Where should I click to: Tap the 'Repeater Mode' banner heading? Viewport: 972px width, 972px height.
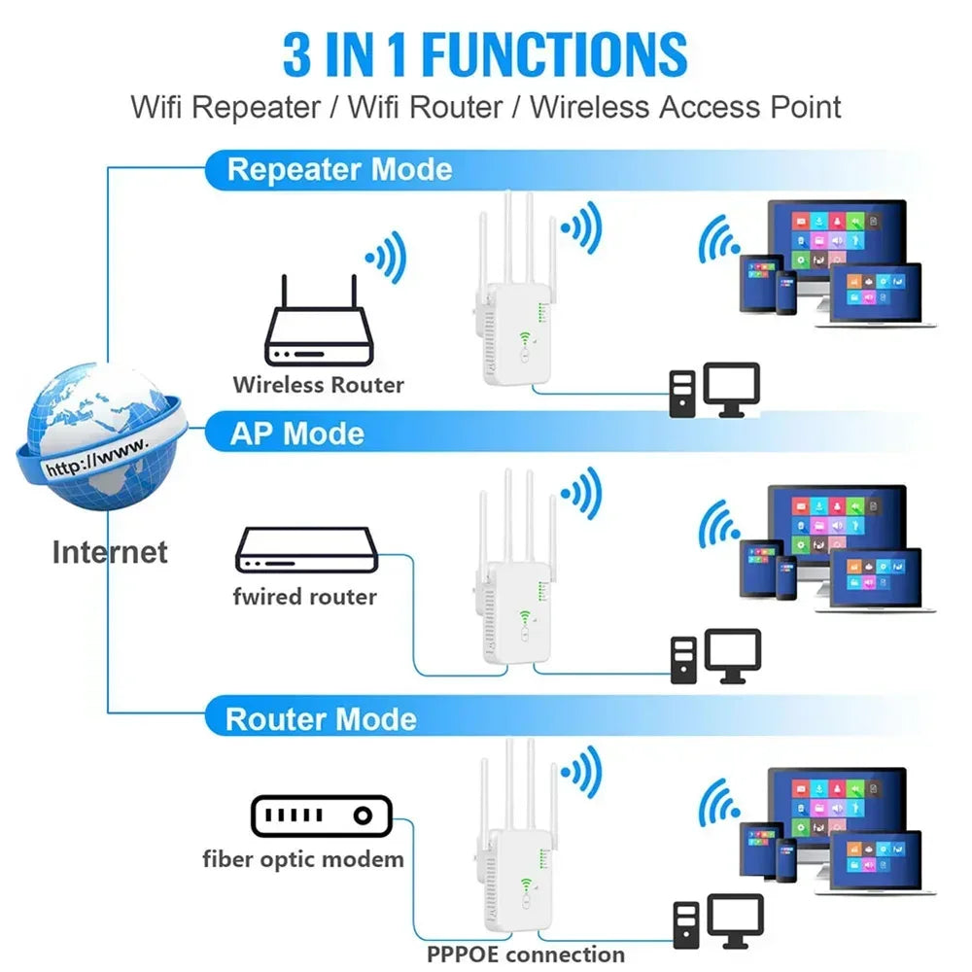pyautogui.click(x=339, y=170)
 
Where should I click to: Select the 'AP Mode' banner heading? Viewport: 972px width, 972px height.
pyautogui.click(x=297, y=434)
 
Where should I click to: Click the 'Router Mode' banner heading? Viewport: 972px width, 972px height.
pyautogui.click(x=321, y=719)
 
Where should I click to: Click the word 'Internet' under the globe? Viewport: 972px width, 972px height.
pyautogui.click(x=109, y=552)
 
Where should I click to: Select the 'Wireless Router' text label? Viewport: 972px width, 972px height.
pyautogui.click(x=318, y=385)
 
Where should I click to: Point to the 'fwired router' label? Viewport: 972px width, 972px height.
pyautogui.click(x=304, y=596)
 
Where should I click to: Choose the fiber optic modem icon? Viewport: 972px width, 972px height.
pyautogui.click(x=321, y=816)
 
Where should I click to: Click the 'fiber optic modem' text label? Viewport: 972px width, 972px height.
pyautogui.click(x=303, y=858)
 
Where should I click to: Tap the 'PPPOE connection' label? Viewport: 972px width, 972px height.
pyautogui.click(x=526, y=954)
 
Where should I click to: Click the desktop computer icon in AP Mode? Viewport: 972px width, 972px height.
pyautogui.click(x=715, y=657)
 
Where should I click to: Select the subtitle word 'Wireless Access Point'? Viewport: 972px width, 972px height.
pyautogui.click(x=685, y=107)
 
